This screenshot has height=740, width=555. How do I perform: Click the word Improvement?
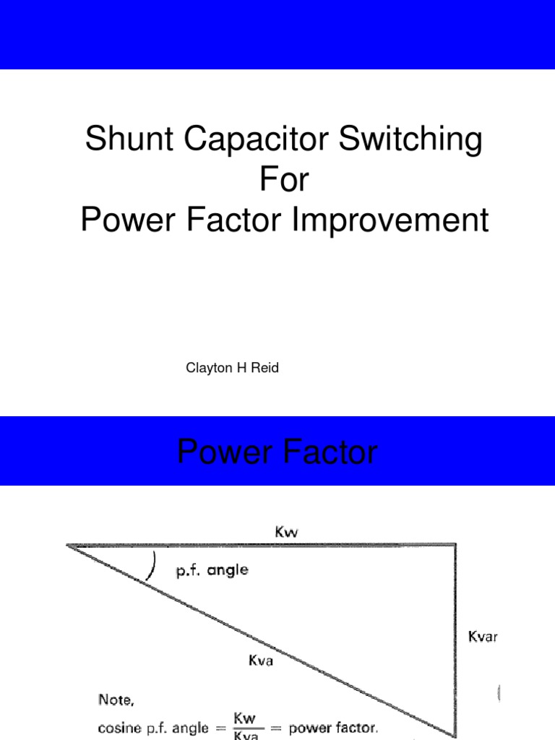[x=390, y=220]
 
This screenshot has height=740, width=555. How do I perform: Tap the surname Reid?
[x=265, y=369]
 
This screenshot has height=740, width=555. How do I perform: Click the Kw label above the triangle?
[x=287, y=533]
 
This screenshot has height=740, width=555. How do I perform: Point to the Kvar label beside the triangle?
[x=483, y=637]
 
